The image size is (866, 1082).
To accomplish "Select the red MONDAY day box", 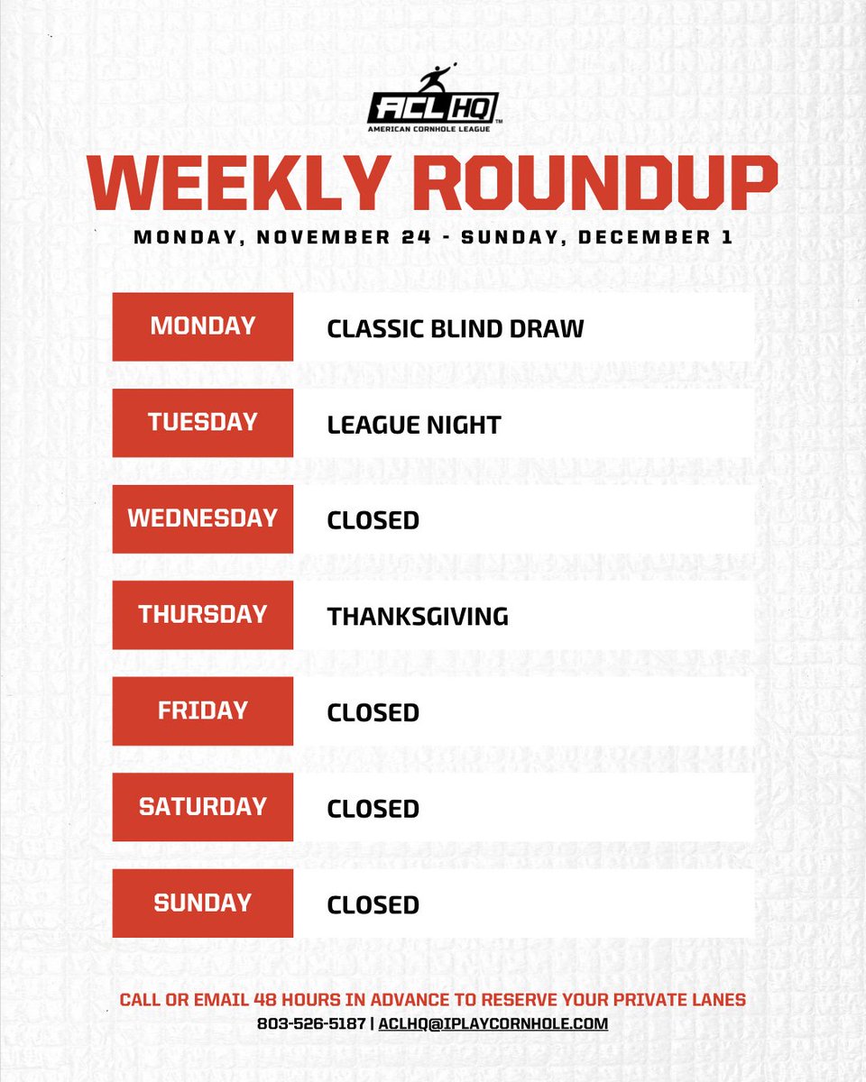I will [203, 326].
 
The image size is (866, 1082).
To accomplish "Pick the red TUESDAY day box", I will [203, 423].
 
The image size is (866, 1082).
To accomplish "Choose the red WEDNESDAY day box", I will [203, 518].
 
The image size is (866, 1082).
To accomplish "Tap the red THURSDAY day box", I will [203, 615].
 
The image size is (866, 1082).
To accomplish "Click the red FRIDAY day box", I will [203, 711].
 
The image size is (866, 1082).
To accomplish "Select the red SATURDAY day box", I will [203, 807].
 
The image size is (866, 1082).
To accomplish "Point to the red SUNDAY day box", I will [203, 903].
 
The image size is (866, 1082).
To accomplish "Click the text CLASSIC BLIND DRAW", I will [456, 328].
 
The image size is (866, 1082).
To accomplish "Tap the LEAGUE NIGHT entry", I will [414, 424].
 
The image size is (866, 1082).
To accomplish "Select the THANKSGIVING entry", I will [418, 617].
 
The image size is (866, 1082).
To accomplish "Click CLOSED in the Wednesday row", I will [373, 520].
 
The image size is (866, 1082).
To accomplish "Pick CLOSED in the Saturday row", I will [373, 809].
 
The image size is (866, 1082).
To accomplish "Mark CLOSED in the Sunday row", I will [373, 904].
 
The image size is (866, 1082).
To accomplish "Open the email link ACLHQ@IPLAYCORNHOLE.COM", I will [493, 1023].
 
